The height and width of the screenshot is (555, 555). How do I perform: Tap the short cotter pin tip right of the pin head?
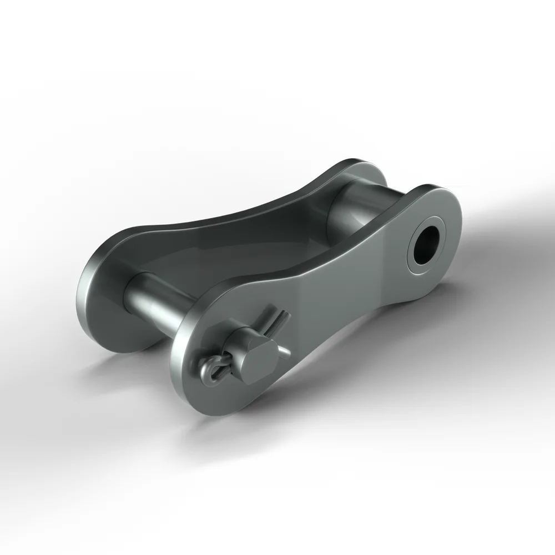point(284,351)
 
